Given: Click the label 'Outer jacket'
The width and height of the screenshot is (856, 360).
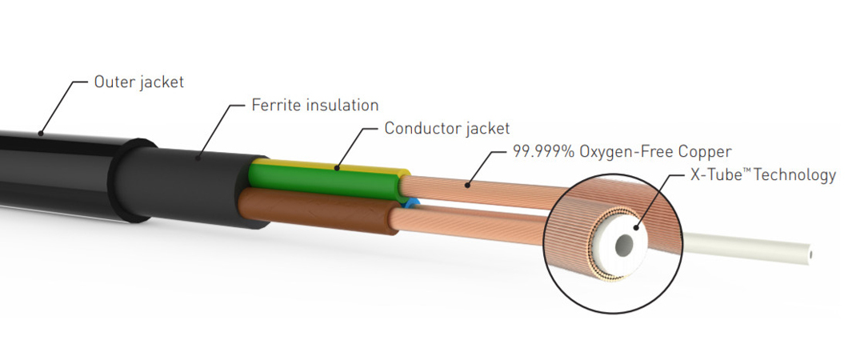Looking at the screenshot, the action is pos(139,82).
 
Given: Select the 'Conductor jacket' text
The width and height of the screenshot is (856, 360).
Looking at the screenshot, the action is pos(446,128).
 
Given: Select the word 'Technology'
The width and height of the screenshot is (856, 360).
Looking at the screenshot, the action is pos(793,175).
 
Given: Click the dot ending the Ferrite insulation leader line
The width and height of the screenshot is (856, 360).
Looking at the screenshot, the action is pos(197,155).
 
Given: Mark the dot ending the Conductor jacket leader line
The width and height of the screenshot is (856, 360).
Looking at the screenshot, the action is pos(337,168).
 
